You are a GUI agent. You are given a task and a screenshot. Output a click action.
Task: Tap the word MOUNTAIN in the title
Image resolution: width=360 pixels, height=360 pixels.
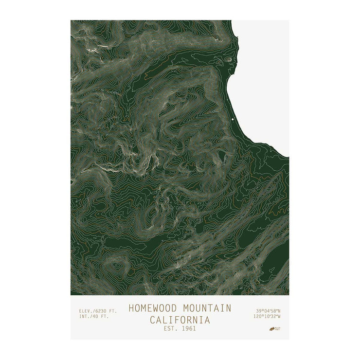207,308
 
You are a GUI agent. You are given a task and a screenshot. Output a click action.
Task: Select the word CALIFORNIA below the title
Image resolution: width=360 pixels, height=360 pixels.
180,320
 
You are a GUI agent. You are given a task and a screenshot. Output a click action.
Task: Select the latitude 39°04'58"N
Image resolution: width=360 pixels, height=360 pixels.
268,311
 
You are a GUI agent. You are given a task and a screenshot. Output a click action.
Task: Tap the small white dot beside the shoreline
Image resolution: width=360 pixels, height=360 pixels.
233,119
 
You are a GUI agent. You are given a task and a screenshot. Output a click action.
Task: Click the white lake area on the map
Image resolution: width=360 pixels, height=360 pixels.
263,83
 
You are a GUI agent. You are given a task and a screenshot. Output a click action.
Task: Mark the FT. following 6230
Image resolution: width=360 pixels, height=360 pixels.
113,311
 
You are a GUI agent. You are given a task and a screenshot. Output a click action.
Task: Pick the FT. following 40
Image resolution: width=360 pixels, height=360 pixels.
105,316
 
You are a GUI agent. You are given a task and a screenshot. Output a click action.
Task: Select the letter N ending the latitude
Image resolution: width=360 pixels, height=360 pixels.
279,311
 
